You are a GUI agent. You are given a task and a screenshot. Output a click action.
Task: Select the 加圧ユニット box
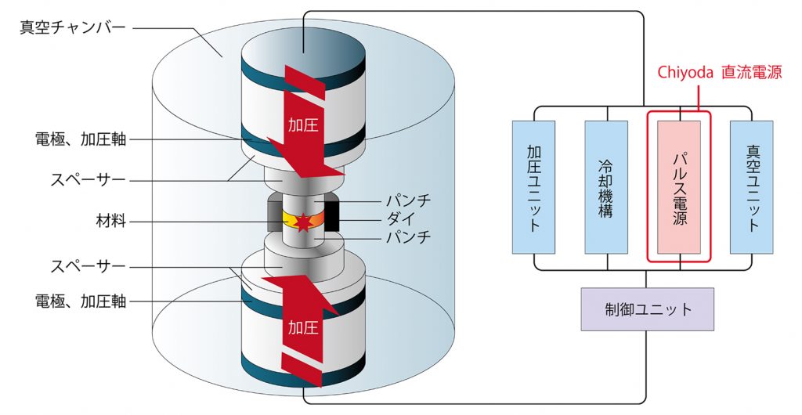[533, 187]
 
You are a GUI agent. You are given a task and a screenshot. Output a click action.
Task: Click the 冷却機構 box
[606, 187]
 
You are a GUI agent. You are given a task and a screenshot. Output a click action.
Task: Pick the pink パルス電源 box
[679, 187]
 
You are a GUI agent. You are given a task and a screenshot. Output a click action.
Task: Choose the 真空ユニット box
[751, 187]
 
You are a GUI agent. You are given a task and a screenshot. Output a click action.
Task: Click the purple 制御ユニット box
[647, 309]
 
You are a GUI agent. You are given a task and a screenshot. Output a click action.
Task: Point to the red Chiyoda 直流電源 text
[718, 71]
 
